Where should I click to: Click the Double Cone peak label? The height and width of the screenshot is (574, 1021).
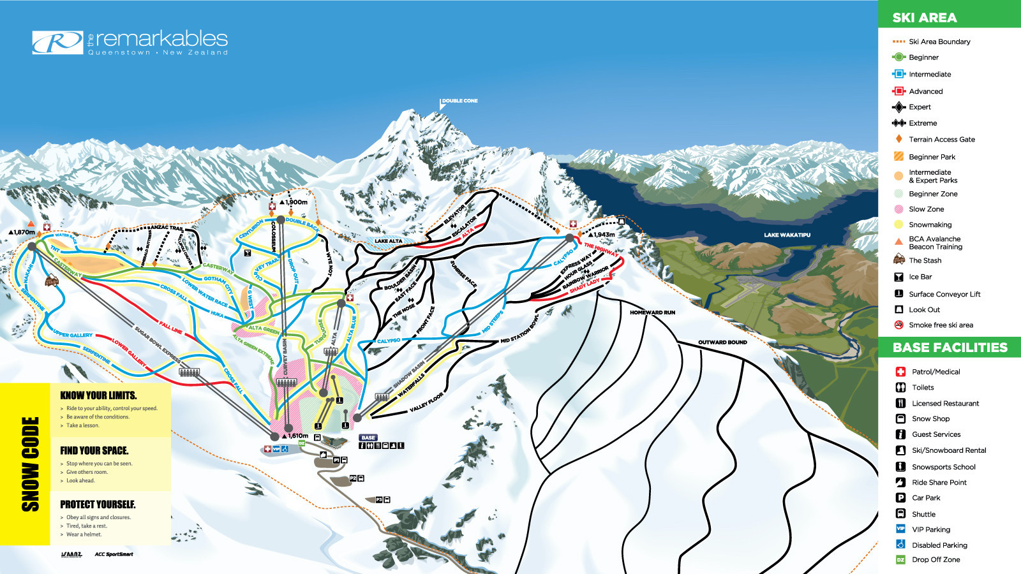pyautogui.click(x=459, y=101)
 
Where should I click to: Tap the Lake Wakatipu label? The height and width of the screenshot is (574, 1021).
pyautogui.click(x=787, y=235)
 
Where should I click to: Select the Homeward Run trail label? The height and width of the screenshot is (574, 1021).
pyautogui.click(x=652, y=313)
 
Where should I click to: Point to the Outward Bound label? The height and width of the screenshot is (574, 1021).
pyautogui.click(x=722, y=342)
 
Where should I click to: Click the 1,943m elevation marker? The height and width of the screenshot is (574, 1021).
pyautogui.click(x=604, y=235)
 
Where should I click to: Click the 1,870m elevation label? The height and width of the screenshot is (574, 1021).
pyautogui.click(x=22, y=232)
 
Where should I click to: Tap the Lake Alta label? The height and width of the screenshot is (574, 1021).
pyautogui.click(x=388, y=241)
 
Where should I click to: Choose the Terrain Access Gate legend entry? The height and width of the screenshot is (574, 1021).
pyautogui.click(x=941, y=139)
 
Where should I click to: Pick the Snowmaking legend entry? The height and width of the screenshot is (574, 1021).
pyautogui.click(x=930, y=224)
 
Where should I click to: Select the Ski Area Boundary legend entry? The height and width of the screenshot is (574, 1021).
pyautogui.click(x=939, y=41)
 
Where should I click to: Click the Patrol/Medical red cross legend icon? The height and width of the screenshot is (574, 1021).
pyautogui.click(x=900, y=372)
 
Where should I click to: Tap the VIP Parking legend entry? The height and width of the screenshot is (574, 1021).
pyautogui.click(x=930, y=529)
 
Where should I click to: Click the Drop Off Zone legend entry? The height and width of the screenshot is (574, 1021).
pyautogui.click(x=935, y=559)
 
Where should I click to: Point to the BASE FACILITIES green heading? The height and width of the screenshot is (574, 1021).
pyautogui.click(x=950, y=348)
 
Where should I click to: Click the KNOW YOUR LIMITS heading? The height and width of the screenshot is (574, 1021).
pyautogui.click(x=98, y=395)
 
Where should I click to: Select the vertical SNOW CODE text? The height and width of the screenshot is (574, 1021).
pyautogui.click(x=30, y=464)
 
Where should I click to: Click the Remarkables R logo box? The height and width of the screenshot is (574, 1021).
pyautogui.click(x=57, y=43)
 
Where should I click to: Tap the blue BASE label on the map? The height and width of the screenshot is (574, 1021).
pyautogui.click(x=368, y=438)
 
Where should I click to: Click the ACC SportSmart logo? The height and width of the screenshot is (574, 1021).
pyautogui.click(x=114, y=554)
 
